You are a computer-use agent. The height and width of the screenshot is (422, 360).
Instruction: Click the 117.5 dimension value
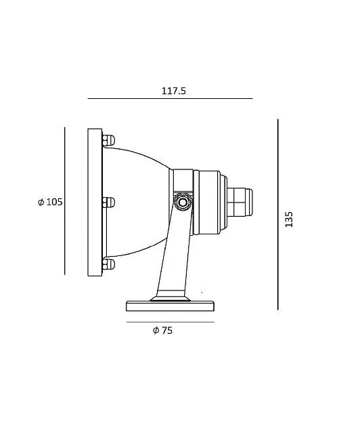click(x=173, y=91)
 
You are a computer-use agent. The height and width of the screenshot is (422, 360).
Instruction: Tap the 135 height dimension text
click(x=289, y=219)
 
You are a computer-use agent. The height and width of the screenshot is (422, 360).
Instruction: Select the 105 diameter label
click(x=50, y=202)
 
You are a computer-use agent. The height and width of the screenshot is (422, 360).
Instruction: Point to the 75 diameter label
click(x=162, y=331)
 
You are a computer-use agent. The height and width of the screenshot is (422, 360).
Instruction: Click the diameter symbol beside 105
click(x=41, y=202)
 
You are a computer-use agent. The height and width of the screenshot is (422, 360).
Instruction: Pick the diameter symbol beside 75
click(x=156, y=331)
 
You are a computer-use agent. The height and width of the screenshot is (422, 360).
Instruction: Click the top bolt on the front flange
click(x=108, y=140)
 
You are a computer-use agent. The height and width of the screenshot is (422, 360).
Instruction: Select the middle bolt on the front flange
click(x=108, y=203)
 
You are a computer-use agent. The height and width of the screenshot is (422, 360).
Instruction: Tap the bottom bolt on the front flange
click(x=108, y=264)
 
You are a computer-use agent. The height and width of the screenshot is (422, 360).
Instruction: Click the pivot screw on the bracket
click(x=183, y=202)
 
